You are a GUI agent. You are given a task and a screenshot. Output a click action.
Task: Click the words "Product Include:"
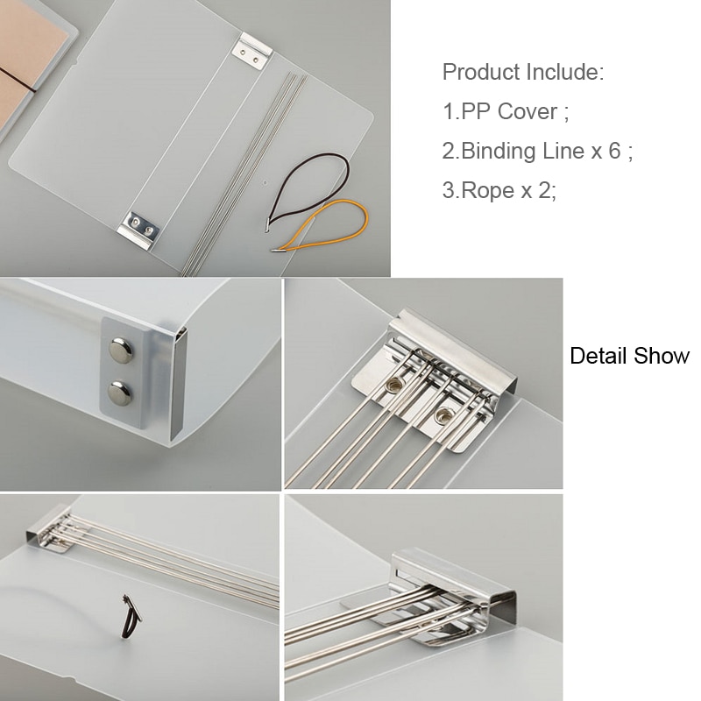[x=523, y=72]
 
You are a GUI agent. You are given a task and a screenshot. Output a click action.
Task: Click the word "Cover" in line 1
[x=534, y=111]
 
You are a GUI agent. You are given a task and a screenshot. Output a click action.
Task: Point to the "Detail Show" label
[x=629, y=357]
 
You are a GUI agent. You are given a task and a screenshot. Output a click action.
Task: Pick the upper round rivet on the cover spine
[x=118, y=351]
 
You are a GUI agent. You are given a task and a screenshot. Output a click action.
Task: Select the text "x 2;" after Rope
[x=540, y=190]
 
